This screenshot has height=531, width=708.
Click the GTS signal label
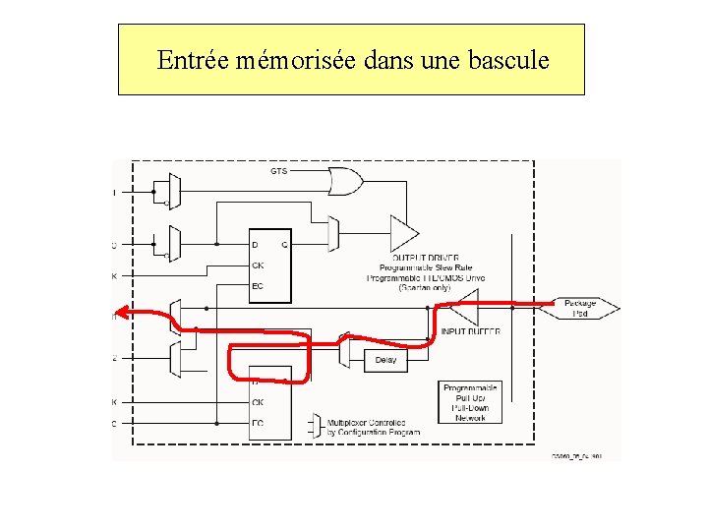(x=279, y=171)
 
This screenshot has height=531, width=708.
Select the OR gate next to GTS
(x=345, y=181)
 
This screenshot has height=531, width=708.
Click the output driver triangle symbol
(x=403, y=233)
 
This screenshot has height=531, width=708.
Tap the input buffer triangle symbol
(x=463, y=312)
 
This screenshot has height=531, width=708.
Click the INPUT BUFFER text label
(x=470, y=332)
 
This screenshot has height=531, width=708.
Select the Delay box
(x=385, y=360)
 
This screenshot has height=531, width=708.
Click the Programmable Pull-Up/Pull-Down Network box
(x=470, y=402)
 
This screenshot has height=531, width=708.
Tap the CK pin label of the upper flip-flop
(x=259, y=265)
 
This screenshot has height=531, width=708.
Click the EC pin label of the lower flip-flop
(x=258, y=423)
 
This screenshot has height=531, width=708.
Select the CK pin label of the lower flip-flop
(x=258, y=402)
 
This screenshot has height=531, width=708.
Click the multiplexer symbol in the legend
(x=315, y=425)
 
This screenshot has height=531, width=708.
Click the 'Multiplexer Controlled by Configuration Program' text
(x=373, y=428)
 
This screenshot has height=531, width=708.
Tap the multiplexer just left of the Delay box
(x=344, y=350)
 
